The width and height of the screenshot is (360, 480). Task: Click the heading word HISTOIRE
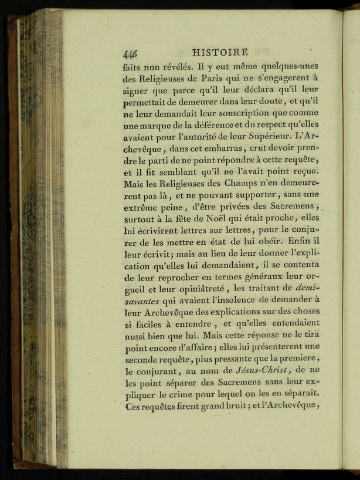click(x=220, y=53)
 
